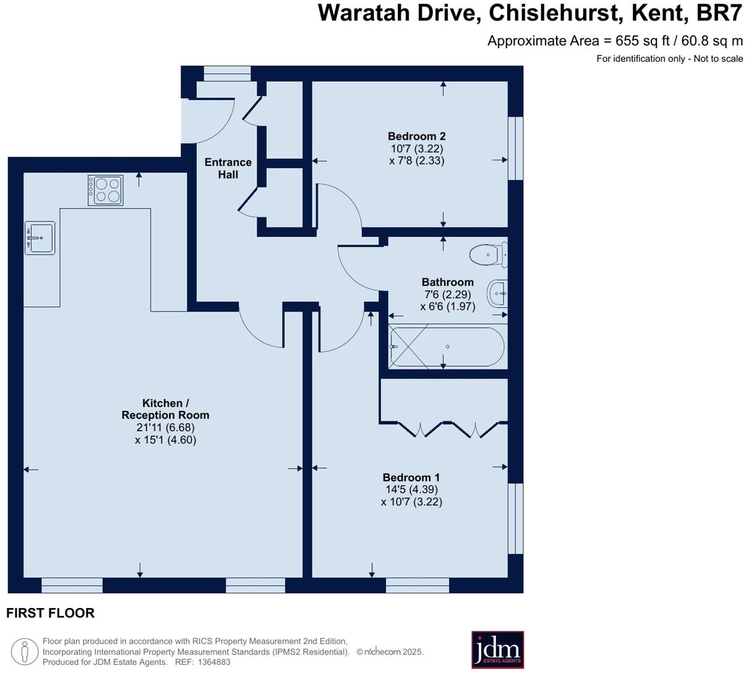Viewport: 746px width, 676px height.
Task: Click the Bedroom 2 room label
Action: coord(416,136)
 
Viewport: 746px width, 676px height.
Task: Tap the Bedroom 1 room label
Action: coord(411,477)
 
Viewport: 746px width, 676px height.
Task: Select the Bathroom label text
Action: coord(447,282)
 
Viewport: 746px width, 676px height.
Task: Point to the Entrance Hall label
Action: coord(228,168)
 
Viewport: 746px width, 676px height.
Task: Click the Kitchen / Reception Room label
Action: coord(165,409)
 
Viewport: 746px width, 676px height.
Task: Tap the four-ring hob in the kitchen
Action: coord(106,190)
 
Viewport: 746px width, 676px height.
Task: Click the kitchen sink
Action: coord(40,237)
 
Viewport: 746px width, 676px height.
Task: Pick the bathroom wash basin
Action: coord(497,294)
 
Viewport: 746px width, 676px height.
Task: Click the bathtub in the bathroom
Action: coord(447,347)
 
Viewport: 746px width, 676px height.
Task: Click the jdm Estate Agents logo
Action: coord(497,649)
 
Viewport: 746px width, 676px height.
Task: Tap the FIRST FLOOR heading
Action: coord(50,613)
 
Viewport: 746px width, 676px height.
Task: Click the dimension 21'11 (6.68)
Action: coord(165,428)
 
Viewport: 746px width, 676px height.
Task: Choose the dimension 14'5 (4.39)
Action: coord(411,489)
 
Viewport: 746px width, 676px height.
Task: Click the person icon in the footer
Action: coord(25,652)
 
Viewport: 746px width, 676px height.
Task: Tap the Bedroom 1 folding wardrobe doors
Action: coord(448,428)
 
